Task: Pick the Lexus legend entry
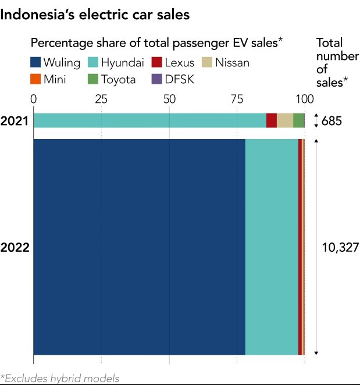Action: tap(173, 63)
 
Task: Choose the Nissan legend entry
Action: tap(225, 63)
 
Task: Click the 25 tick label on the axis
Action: tap(101, 98)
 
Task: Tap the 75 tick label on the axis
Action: tap(237, 98)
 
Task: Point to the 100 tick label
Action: tap(304, 98)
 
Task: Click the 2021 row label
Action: tap(15, 121)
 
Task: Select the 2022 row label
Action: tap(15, 247)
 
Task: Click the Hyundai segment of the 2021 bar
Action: tap(149, 120)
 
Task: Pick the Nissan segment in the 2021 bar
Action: tap(285, 120)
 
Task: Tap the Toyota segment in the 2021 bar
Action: tap(298, 120)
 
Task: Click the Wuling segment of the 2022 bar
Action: tap(139, 247)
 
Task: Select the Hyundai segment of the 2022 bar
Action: tap(272, 247)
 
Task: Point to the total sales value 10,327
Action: tap(340, 247)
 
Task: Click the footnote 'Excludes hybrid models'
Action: tap(60, 379)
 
